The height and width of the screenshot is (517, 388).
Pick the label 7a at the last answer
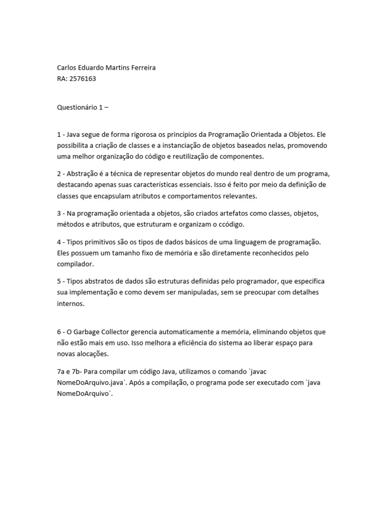[x=61, y=371]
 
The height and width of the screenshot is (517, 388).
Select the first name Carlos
[x=68, y=68]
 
